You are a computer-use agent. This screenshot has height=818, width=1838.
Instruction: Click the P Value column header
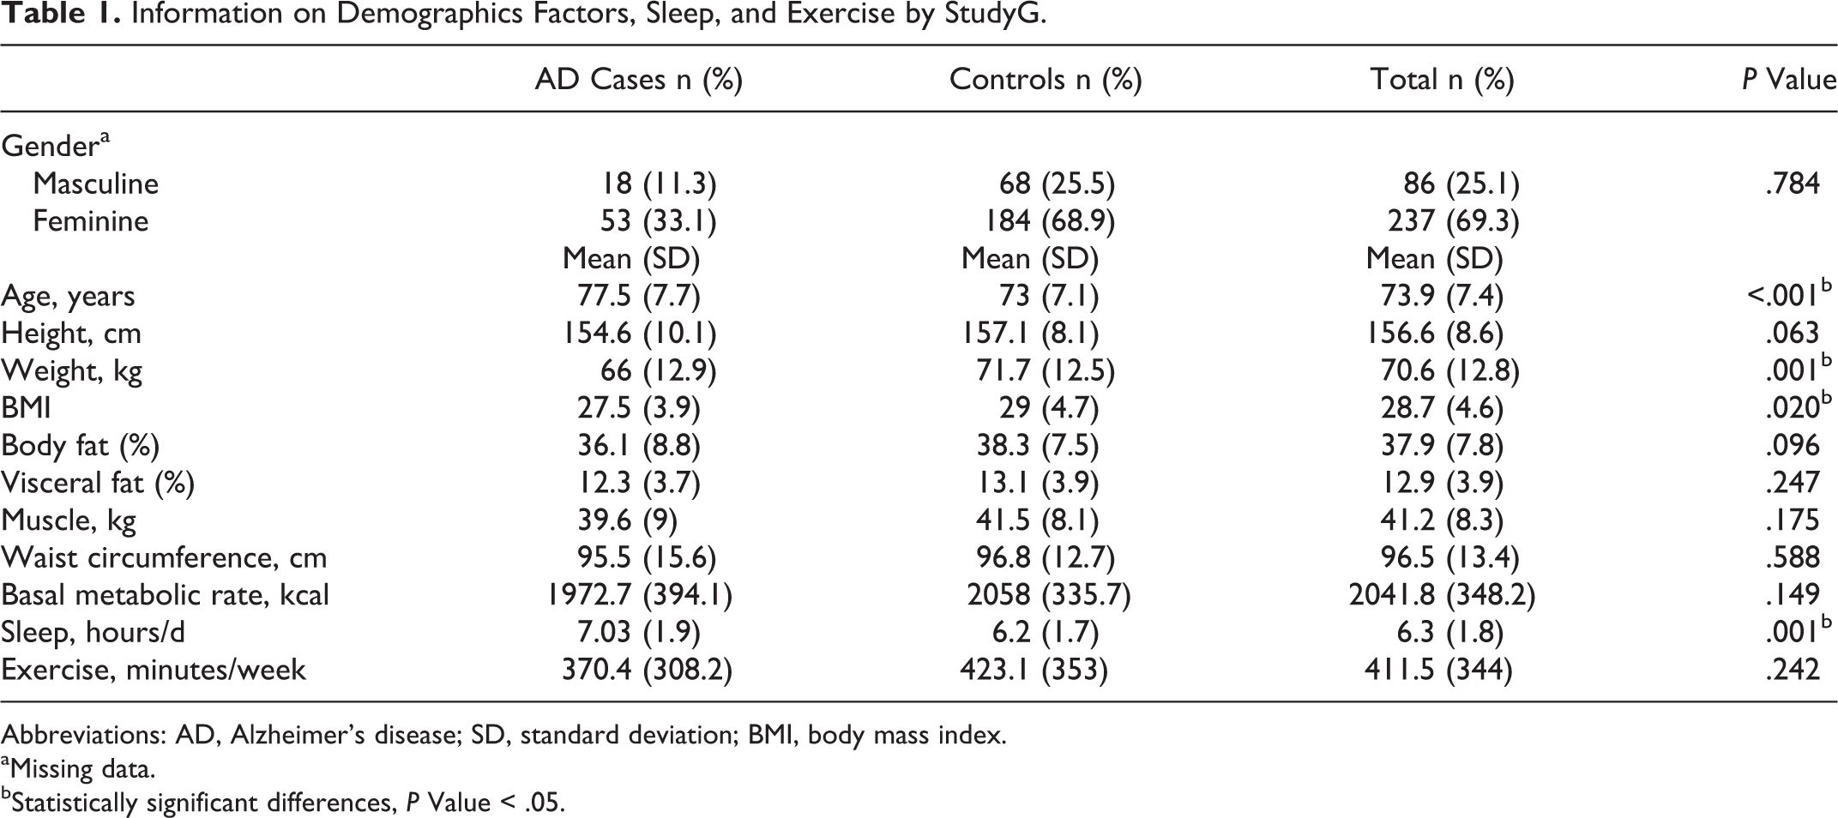tap(1788, 80)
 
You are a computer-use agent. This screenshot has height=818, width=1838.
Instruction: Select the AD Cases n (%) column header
tap(639, 80)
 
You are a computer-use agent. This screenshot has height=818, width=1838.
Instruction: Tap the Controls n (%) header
tap(1046, 80)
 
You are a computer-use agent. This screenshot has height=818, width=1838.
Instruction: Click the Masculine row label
tap(95, 183)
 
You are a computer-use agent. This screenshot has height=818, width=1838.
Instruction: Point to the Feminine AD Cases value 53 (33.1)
tap(658, 221)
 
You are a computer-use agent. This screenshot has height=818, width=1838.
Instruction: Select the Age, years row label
tap(68, 297)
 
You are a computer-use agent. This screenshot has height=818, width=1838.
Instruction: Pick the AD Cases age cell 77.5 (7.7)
tap(638, 296)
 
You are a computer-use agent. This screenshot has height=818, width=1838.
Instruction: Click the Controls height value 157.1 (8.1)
tap(1030, 334)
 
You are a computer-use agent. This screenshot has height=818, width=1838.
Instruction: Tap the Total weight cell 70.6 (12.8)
tap(1449, 371)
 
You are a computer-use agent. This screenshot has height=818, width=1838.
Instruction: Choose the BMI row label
tap(26, 408)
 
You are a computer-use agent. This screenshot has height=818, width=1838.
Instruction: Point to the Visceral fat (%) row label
tap(98, 484)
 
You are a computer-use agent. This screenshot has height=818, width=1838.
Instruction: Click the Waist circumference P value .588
tap(1792, 557)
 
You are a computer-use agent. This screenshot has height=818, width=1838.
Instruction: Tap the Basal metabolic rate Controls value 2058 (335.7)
tap(1049, 595)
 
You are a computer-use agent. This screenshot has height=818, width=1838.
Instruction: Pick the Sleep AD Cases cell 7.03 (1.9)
tap(638, 633)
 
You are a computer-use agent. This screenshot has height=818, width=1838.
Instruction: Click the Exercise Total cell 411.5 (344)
tap(1438, 670)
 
